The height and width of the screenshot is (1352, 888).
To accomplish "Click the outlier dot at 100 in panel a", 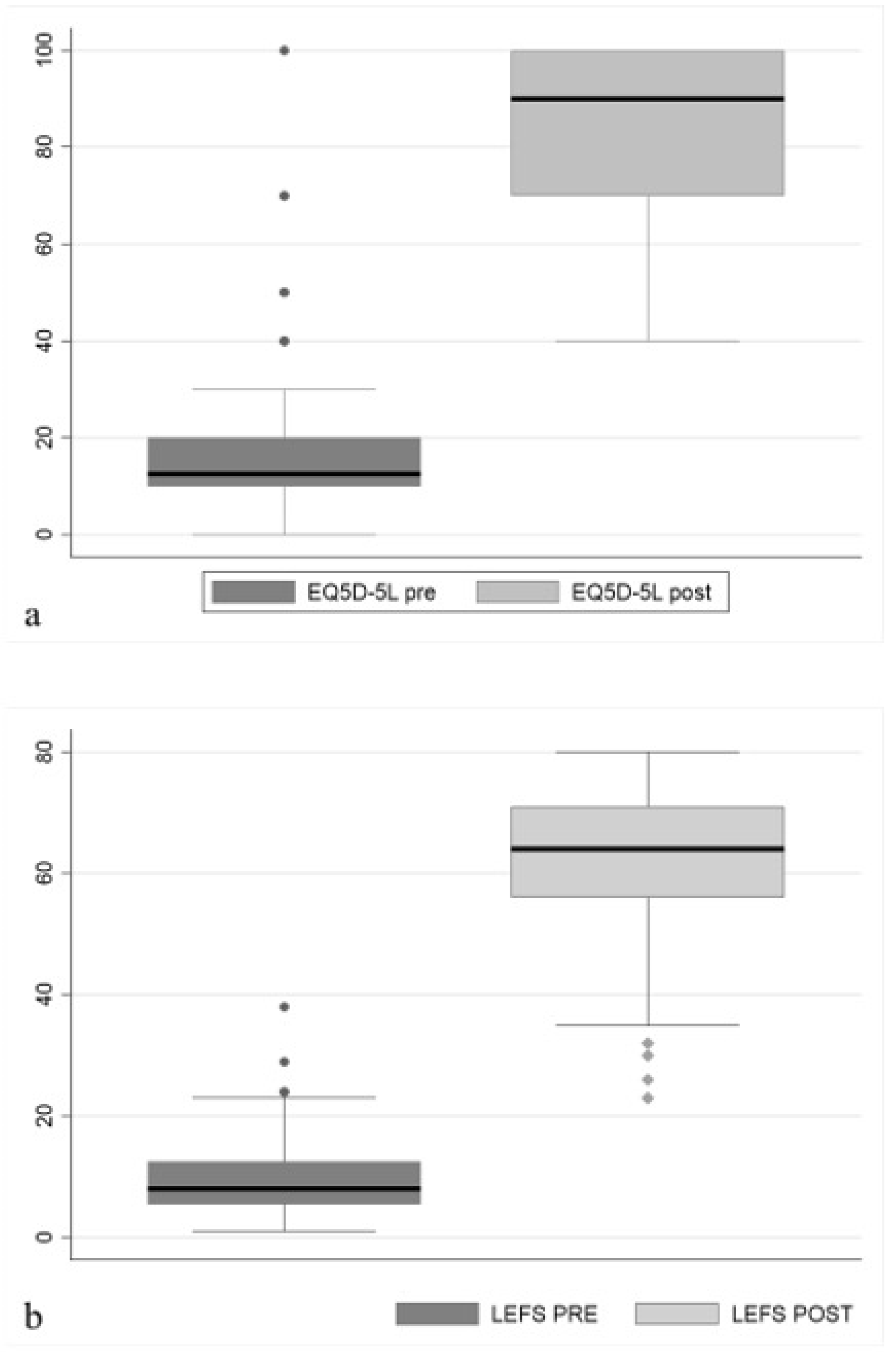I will point(284,50).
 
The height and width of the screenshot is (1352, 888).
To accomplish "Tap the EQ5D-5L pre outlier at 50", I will point(284,292).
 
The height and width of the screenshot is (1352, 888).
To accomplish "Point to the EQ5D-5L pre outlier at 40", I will point(284,341).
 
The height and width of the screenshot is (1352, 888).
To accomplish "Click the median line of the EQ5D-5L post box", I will point(647,99).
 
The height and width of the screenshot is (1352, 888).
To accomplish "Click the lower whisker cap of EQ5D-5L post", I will point(647,341).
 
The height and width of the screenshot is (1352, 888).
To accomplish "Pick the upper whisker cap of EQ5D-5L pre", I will point(284,389).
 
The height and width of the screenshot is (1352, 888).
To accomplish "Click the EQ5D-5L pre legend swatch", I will point(253,592).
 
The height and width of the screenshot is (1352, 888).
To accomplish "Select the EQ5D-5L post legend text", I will point(641,592).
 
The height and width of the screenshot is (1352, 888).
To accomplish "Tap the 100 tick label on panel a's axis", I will point(44,50).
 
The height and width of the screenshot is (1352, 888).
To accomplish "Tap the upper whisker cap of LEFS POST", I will point(647,752).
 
